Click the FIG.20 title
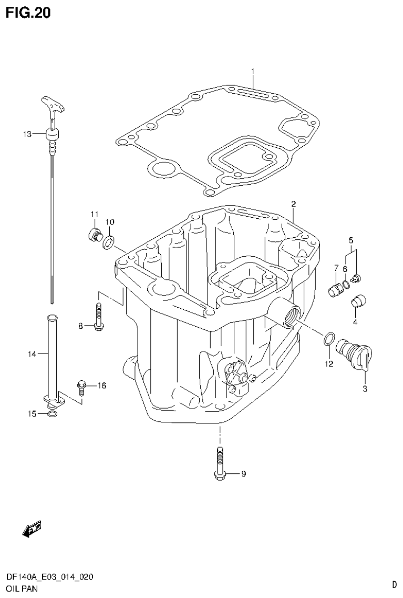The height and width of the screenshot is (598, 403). (x=29, y=12)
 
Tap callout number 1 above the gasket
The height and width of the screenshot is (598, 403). (x=252, y=71)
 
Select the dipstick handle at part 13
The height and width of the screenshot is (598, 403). (x=53, y=105)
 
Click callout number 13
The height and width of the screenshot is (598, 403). (x=27, y=134)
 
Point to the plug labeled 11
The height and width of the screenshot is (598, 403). (x=95, y=234)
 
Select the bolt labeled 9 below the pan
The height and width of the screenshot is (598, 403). (x=219, y=463)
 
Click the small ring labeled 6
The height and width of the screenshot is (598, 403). (x=345, y=286)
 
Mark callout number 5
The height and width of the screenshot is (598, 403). (x=351, y=240)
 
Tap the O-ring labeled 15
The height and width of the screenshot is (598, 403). (x=51, y=414)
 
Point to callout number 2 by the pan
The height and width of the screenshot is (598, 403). (x=294, y=204)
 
